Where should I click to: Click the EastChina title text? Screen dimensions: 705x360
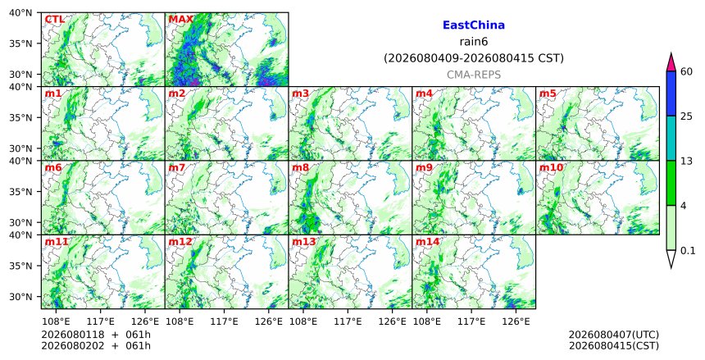474,25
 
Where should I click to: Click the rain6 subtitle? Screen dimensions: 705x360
474,42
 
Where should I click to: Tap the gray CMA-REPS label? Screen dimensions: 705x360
474,75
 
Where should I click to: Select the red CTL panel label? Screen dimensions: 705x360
54,20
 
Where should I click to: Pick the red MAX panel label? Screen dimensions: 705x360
180,20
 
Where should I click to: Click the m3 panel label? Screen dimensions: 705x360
300,93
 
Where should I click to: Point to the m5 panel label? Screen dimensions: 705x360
548,93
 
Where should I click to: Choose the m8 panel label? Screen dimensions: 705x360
300,168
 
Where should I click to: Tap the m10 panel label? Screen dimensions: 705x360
551,168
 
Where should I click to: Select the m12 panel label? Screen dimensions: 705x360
180,242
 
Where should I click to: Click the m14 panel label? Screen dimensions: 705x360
427,242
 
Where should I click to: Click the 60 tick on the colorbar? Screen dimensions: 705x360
687,71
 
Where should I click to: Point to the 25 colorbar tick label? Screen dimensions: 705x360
687,116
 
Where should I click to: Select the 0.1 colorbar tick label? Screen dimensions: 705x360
688,251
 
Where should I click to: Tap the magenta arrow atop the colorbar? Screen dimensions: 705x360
671,62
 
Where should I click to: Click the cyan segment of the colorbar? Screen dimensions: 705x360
671,138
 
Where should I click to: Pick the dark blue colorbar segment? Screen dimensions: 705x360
671,93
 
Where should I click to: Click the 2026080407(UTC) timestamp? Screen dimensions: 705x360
614,335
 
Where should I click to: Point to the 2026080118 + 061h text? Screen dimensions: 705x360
96,335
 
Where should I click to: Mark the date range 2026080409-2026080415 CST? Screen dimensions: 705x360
474,58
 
